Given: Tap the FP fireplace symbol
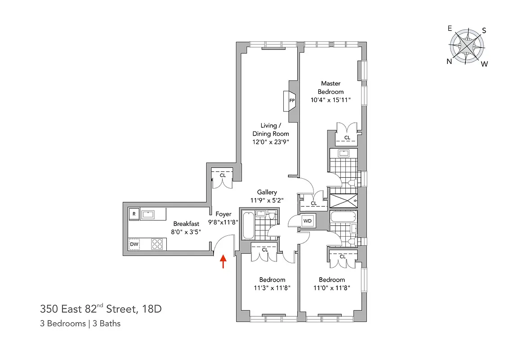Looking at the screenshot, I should click(291, 100).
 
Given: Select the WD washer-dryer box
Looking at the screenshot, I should click(308, 221).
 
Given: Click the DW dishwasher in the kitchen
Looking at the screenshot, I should click(134, 244).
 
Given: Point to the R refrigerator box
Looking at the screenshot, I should click(134, 214).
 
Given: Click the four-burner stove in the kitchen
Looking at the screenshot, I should click(157, 244).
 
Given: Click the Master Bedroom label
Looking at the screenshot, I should click(330, 87).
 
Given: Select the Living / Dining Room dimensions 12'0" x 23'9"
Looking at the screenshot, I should click(270, 142).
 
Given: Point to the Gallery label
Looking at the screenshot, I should click(267, 192).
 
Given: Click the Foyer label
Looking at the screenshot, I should click(223, 214).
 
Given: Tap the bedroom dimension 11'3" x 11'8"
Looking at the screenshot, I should click(272, 288).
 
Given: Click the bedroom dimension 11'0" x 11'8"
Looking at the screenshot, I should click(332, 288).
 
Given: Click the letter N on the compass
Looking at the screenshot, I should click(449, 62).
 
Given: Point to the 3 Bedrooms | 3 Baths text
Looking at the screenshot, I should click(80, 323).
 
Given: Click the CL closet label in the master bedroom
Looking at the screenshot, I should click(347, 138).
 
